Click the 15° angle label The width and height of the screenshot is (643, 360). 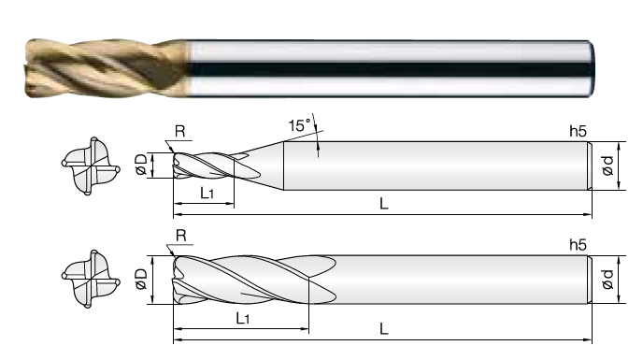click(x=300, y=125)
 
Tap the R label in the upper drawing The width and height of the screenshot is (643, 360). click(x=180, y=131)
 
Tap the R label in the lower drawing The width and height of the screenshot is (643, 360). click(x=181, y=236)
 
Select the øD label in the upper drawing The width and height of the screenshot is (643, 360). click(x=141, y=165)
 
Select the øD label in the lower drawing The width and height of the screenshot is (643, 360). click(x=141, y=280)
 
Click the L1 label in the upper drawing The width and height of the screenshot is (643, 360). click(x=207, y=193)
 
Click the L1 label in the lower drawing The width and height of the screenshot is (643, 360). click(x=243, y=318)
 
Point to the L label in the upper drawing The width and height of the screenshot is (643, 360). click(x=384, y=203)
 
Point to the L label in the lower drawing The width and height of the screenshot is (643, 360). click(x=384, y=328)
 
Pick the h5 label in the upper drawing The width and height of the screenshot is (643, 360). click(x=579, y=131)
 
